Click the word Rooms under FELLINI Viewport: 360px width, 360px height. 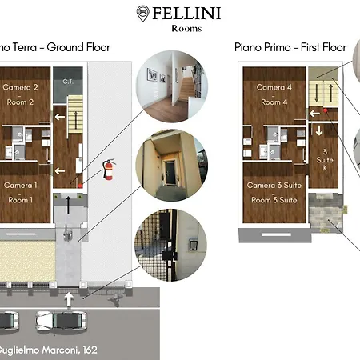tap(186, 29)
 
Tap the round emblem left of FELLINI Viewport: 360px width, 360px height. tap(142, 13)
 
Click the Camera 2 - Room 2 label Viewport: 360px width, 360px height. tap(19, 94)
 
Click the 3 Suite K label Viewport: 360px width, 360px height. tap(326, 156)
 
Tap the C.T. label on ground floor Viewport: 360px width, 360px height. tap(68, 82)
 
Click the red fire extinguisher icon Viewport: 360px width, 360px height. tap(109, 170)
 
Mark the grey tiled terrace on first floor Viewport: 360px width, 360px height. tap(325, 214)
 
